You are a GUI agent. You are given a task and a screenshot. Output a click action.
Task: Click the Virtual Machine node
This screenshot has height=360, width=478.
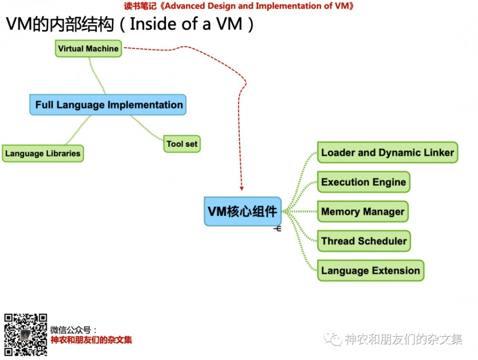pos(88,48)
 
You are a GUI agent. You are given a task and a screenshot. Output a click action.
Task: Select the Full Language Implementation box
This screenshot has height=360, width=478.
pos(108,105)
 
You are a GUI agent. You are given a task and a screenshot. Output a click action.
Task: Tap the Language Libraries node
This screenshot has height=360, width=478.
pos(43,153)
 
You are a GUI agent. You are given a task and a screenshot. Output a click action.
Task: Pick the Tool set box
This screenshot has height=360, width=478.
pos(182,144)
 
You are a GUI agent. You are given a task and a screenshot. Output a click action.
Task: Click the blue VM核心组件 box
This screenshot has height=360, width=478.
pos(243,211)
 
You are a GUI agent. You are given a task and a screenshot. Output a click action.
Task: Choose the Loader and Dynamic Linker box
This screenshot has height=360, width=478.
pos(388,153)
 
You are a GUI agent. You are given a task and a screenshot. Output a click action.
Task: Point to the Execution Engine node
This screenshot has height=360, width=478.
pos(364,182)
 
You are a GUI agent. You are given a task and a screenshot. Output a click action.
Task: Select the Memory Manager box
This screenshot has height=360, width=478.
pos(363,211)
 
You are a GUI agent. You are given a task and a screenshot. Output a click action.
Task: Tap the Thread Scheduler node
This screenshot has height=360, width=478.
pos(364,241)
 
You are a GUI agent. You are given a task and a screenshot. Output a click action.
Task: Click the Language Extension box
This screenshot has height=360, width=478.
pos(371,271)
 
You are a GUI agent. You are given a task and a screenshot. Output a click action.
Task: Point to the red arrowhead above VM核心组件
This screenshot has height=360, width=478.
pos(241,189)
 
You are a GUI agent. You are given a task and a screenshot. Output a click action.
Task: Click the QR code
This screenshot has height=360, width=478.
pos(26,335)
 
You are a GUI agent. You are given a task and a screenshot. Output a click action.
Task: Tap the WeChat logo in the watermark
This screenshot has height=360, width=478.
pos(333,338)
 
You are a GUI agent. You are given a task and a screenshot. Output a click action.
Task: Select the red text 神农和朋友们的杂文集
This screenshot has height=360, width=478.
pos(91,340)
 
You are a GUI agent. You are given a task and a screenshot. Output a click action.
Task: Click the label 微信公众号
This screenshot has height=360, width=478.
pos(70,330)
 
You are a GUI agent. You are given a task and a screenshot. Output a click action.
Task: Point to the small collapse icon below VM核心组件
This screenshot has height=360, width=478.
pos(277,229)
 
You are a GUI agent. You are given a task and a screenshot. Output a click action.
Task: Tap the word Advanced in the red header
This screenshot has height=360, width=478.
pos(185,6)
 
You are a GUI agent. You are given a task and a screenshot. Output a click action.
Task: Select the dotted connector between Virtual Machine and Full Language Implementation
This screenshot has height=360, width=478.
pos(97,76)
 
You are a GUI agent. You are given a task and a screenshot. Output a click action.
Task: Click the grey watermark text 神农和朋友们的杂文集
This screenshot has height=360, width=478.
pos(403,339)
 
